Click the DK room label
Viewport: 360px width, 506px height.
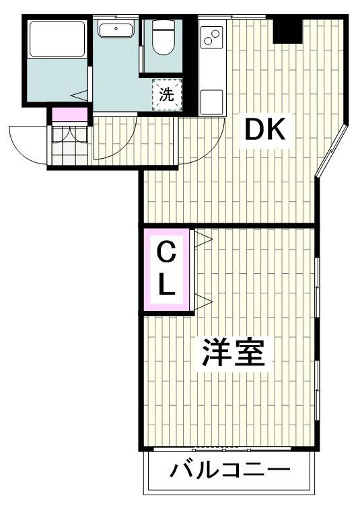pos(266,129)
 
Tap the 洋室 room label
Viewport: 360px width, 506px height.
pos(233,353)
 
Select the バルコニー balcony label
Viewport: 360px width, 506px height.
pos(229,469)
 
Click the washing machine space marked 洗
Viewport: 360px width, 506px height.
pos(166,94)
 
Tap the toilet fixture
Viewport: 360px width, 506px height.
pos(161,38)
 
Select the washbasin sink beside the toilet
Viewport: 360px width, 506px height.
pos(117,30)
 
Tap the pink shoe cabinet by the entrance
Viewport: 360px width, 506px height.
pos(70,115)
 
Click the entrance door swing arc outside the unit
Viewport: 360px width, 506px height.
pos(27,145)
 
